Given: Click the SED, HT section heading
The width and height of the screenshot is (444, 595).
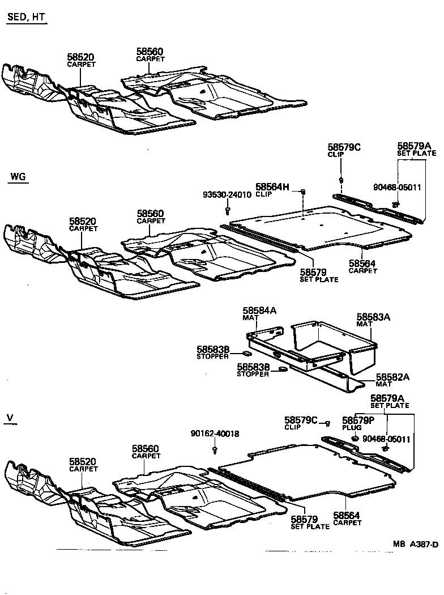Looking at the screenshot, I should point(25,18).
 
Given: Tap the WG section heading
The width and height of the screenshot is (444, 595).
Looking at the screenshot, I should point(18,177).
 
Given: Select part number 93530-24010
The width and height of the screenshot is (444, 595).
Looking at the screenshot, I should point(227,195).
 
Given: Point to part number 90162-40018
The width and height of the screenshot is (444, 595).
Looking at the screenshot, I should point(215,434).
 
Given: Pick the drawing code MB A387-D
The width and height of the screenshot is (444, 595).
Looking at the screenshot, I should point(416,545).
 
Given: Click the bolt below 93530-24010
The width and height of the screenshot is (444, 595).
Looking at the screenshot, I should point(227,211).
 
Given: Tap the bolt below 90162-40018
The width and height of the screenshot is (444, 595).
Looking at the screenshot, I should point(215,449).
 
